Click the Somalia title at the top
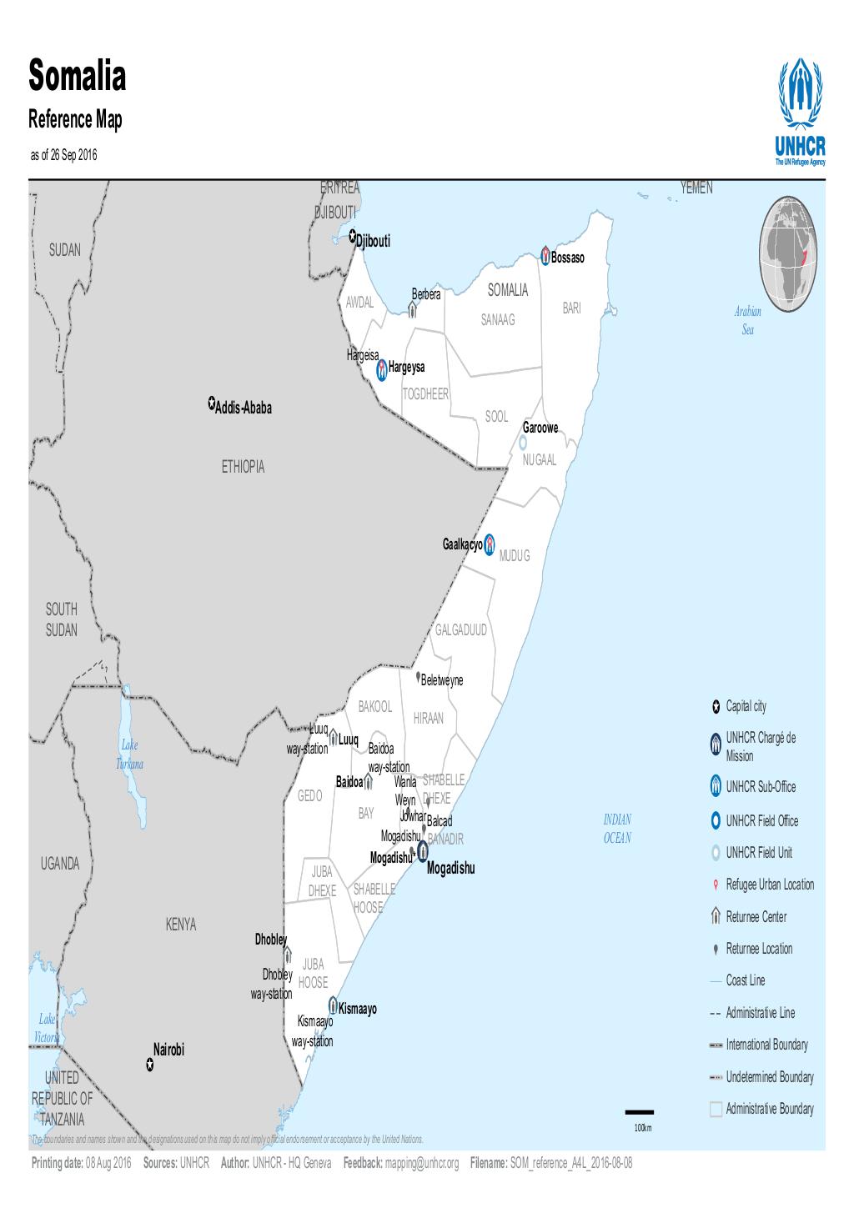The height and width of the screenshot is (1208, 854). point(78,77)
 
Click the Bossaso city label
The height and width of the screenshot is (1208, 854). point(568,258)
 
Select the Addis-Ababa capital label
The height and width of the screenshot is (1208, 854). point(244,409)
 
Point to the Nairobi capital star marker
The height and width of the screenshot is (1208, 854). point(149,1065)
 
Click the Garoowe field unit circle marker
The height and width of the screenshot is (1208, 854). point(523,443)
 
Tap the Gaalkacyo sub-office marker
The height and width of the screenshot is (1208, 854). point(490,544)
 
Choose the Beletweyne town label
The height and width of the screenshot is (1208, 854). point(442,680)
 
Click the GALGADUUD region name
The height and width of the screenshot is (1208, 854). point(460,630)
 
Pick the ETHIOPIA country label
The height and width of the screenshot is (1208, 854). point(243,467)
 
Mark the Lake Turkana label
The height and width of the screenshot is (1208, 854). point(129,754)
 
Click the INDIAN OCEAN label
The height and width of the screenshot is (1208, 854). point(617,829)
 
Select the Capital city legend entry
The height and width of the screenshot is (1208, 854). point(746,707)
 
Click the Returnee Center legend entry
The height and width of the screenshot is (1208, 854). point(756,917)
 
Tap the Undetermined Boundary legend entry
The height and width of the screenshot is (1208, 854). point(769,1077)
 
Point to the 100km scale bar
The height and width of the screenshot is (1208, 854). point(640,1112)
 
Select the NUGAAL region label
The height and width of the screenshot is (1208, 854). point(540,461)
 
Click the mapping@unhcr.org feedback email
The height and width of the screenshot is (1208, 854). point(421,1163)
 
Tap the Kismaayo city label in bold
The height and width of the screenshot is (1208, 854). point(358,1010)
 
